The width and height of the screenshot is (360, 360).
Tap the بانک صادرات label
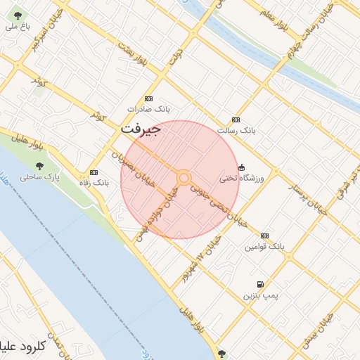tap(149, 110)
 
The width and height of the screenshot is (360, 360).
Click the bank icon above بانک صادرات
tap(148, 99)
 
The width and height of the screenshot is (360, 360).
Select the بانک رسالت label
tap(236, 131)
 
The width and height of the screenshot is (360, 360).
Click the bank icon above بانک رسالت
tap(236, 120)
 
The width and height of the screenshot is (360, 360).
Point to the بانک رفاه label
tap(94, 183)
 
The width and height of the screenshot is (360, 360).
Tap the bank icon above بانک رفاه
tap(94, 172)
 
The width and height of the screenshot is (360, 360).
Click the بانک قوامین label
tap(264, 247)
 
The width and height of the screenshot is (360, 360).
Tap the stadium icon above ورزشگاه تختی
tap(242, 167)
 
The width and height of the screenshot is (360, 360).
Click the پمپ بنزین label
tap(261, 296)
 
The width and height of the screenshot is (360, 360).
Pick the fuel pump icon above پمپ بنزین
tap(260, 285)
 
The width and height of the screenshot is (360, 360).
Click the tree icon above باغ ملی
tap(18, 15)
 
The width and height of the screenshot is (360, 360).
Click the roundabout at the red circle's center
tap(183, 179)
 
